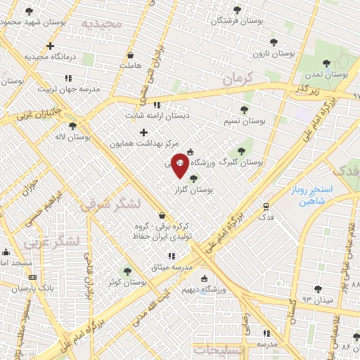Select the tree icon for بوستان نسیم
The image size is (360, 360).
[x=244, y=110]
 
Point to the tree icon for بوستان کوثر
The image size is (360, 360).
[x=127, y=271]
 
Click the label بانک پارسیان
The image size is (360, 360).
[x=37, y=289]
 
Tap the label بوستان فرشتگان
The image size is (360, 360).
[x=239, y=20]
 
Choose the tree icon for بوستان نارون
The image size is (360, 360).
[x=274, y=42]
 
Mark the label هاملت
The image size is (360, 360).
[x=131, y=65]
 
